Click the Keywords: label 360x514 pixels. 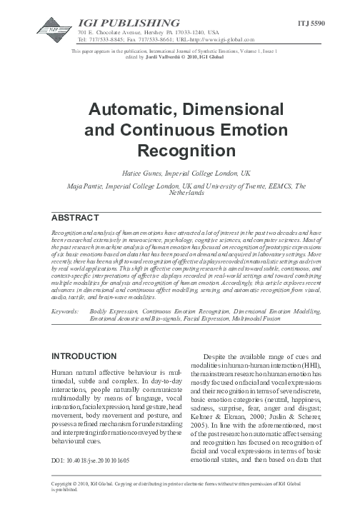pos(69,312)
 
